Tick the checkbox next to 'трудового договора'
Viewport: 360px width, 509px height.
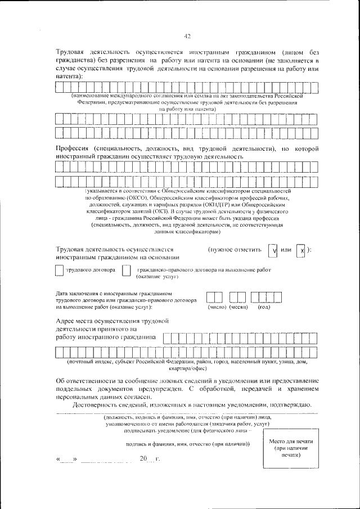click(59, 271)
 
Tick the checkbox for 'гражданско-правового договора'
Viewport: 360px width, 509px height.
click(127, 271)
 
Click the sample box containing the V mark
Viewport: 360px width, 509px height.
click(273, 251)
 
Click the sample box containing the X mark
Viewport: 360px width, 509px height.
click(301, 251)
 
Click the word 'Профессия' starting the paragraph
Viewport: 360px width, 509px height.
click(74, 148)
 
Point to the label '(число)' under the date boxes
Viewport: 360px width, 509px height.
click(217, 307)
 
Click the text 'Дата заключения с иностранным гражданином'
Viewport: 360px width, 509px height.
click(112, 294)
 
